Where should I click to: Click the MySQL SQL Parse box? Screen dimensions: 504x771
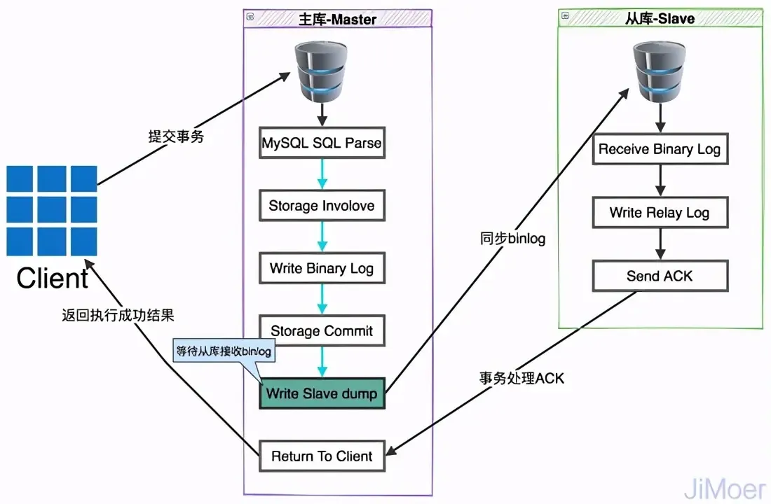322,143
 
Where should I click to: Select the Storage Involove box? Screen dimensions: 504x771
322,206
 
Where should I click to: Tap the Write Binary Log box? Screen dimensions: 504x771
322,269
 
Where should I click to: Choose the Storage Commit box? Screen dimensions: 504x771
322,331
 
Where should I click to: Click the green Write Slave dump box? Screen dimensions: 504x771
322,393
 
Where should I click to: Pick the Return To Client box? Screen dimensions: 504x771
322,456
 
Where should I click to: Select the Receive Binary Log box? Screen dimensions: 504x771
660,149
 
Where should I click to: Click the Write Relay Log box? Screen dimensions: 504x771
660,213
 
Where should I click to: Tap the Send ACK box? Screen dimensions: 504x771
660,276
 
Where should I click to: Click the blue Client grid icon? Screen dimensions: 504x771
52,211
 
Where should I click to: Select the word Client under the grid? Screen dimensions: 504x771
53,278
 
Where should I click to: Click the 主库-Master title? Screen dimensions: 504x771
338,19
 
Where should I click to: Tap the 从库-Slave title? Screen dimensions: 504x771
660,18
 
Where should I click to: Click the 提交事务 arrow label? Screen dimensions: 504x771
176,137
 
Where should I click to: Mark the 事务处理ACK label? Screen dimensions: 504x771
521,379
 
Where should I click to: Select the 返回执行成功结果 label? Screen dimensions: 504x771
117,316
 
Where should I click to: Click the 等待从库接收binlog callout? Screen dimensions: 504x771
222,351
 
